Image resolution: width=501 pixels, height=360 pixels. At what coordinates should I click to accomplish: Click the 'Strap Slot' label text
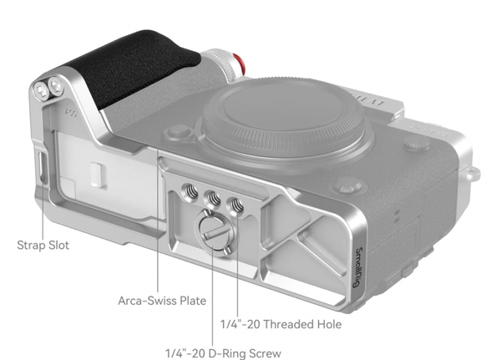tap(43, 246)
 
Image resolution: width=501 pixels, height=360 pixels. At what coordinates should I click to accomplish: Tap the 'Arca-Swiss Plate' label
tap(162, 301)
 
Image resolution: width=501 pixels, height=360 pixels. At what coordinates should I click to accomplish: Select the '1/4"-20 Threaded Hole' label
tap(281, 324)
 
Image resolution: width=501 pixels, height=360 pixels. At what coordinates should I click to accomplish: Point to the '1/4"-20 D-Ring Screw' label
tap(223, 353)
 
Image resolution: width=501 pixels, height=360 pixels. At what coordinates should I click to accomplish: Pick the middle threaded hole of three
tap(212, 198)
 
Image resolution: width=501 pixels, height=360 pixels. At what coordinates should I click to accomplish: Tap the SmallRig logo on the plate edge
tap(358, 267)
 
